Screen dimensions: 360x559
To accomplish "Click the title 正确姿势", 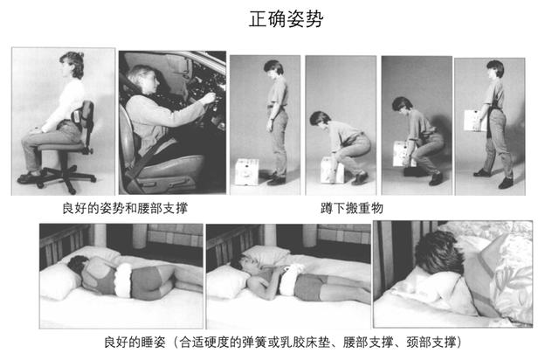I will click(x=279, y=19).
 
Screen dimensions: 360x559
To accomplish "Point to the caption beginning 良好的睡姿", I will click(x=279, y=339).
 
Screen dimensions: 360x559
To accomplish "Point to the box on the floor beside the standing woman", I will click(x=246, y=170).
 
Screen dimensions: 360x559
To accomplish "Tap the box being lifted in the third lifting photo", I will click(x=403, y=155).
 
